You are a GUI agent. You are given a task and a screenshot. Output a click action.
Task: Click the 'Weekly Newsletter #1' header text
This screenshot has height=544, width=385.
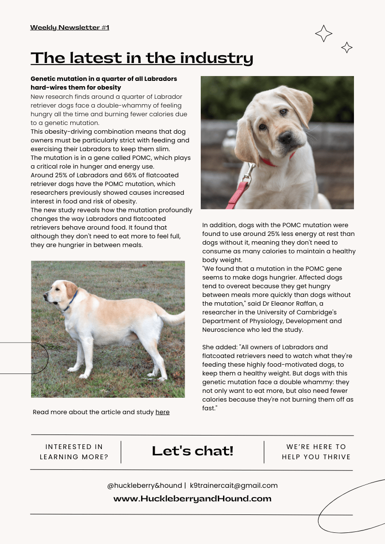click(69, 28)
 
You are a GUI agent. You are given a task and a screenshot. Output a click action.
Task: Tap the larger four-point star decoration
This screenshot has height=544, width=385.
click(323, 33)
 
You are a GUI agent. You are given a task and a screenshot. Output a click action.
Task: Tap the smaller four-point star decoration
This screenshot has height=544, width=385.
click(347, 47)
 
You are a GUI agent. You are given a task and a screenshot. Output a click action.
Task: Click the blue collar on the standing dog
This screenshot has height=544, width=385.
click(71, 302)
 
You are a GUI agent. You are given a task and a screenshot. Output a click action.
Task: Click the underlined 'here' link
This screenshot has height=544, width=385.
click(162, 412)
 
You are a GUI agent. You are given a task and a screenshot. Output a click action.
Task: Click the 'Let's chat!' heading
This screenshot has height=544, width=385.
click(192, 451)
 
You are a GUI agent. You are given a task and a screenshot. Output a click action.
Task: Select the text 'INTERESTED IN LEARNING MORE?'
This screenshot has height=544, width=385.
click(74, 451)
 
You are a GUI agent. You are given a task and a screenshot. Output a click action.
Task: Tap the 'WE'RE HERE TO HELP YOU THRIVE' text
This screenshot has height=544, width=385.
click(316, 451)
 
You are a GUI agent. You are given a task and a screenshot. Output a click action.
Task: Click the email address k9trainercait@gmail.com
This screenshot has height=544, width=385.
click(234, 485)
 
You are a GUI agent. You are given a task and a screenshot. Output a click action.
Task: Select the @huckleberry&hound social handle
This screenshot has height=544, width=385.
click(144, 485)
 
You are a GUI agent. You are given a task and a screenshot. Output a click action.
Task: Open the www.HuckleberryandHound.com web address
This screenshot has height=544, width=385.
click(192, 498)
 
